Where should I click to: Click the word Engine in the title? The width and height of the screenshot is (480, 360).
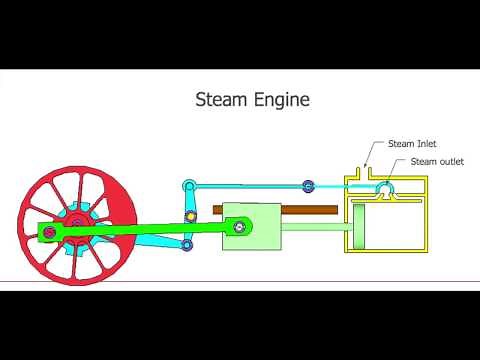coord(281,101)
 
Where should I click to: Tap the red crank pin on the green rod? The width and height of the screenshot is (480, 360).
coord(46,233)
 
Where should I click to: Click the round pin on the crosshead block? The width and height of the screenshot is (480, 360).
coord(239,228)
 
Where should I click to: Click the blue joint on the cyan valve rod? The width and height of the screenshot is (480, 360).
coord(308,186)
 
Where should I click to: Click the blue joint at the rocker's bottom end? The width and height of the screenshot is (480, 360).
coord(188,244)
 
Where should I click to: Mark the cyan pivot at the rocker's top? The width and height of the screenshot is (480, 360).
coord(189,185)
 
